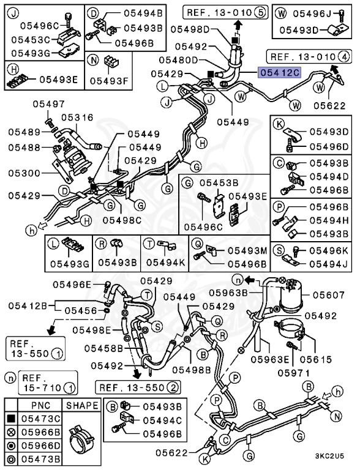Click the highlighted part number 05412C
(279, 72)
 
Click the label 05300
(23, 174)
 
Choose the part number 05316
(77, 117)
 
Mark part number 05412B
(27, 305)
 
